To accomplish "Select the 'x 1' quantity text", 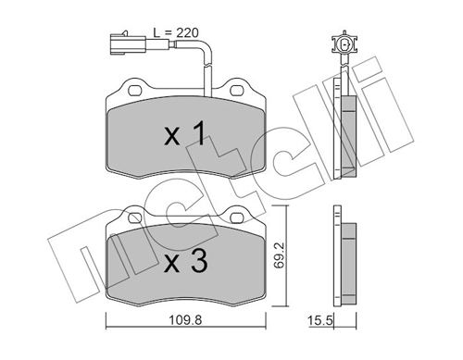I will [x=184, y=136].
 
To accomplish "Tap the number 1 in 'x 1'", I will [x=197, y=136].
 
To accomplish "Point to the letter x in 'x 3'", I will [x=172, y=264].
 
